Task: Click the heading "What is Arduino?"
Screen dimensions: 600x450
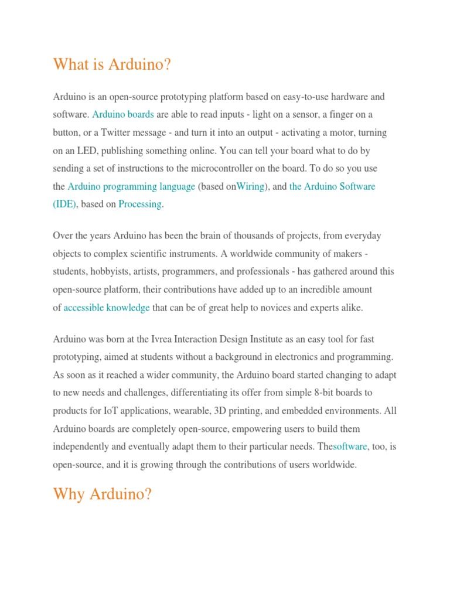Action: (112, 64)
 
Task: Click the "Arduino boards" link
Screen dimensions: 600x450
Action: (123, 114)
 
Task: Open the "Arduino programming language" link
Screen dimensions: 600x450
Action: (131, 186)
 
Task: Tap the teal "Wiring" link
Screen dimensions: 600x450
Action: (250, 186)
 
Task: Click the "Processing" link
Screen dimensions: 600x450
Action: (140, 204)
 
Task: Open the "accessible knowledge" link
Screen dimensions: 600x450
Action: (107, 308)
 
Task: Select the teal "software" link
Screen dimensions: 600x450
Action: (350, 446)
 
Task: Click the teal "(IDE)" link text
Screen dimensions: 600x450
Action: (64, 204)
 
